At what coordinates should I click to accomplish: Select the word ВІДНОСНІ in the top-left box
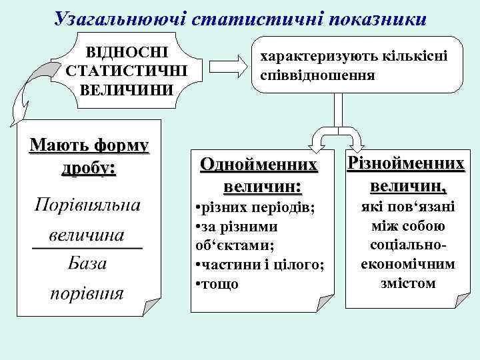pyautogui.click(x=123, y=53)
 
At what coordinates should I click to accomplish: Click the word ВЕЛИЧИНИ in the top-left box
pyautogui.click(x=123, y=88)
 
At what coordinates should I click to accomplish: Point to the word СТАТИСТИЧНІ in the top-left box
pyautogui.click(x=123, y=70)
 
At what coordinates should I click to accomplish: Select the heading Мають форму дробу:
pyautogui.click(x=89, y=155)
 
